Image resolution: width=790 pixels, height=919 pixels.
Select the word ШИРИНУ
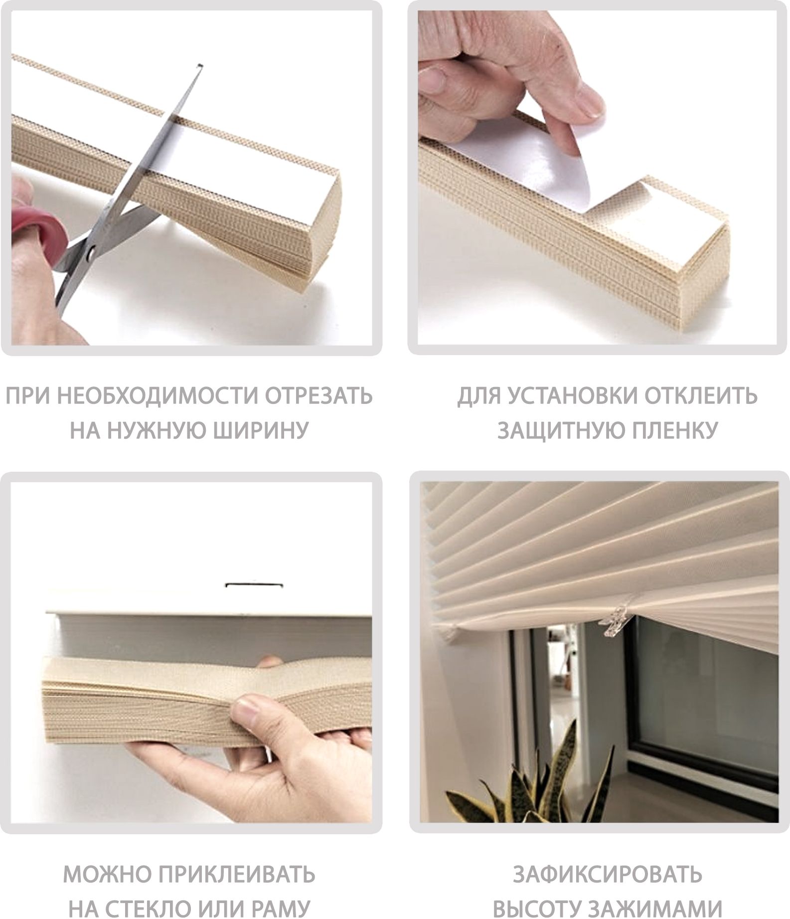coord(261,430)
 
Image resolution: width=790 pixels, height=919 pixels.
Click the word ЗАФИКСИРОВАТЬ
coord(608,874)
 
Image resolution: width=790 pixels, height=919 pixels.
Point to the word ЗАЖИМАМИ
coord(654,908)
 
